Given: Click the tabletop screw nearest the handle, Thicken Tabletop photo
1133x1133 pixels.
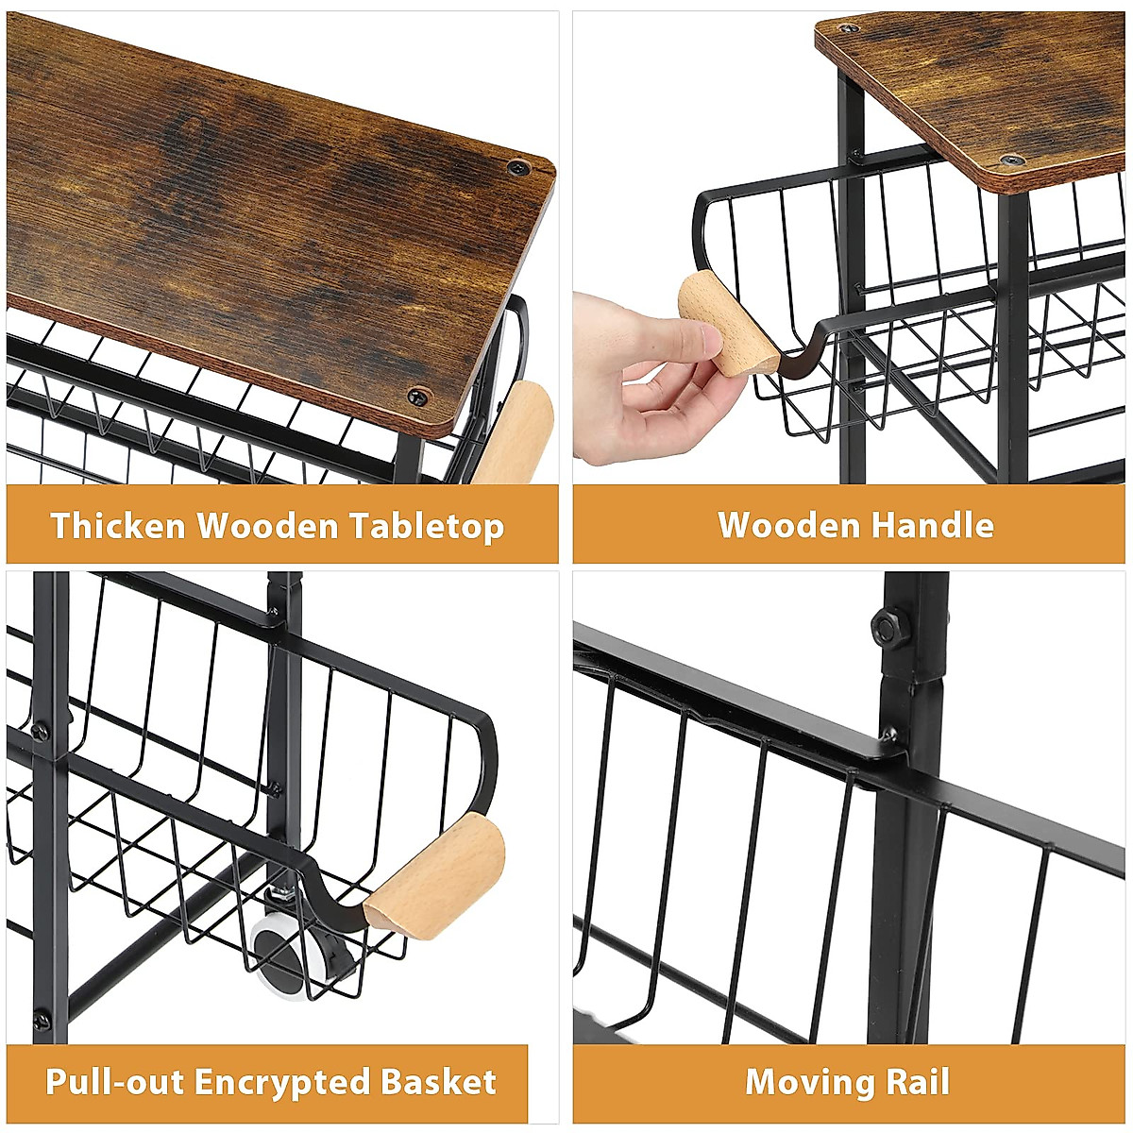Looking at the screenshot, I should point(416,395).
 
